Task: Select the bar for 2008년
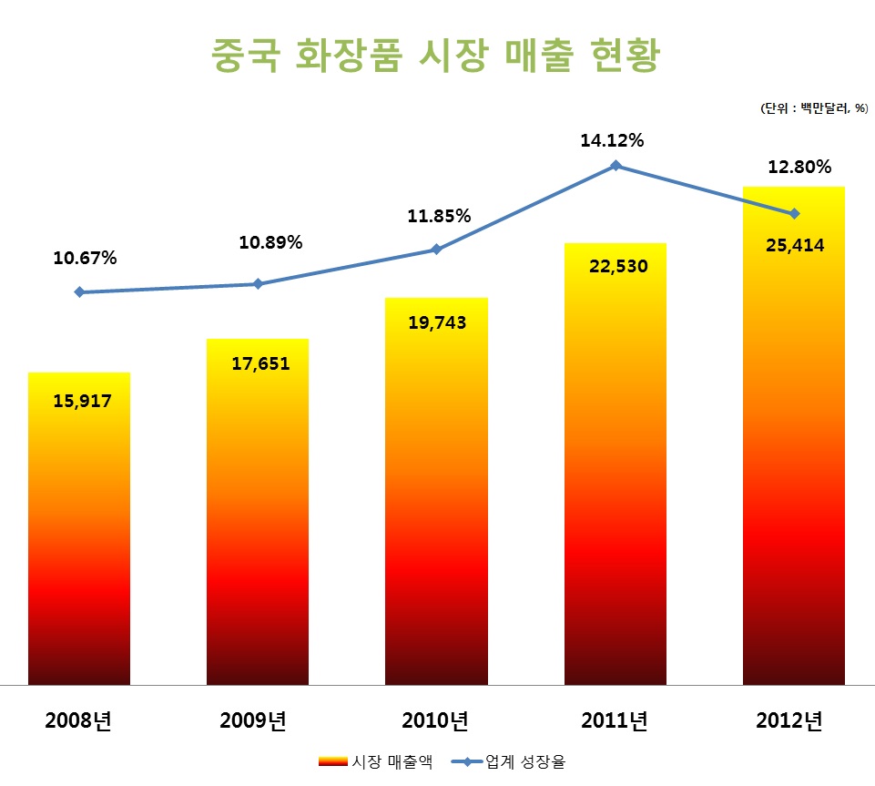pyautogui.click(x=79, y=528)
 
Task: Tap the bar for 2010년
pyautogui.click(x=436, y=492)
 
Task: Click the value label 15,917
pyautogui.click(x=82, y=400)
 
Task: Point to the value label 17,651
pyautogui.click(x=260, y=364)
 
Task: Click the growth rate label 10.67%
pyautogui.click(x=85, y=258)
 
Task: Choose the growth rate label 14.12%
pyautogui.click(x=612, y=140)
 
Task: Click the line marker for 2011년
pyautogui.click(x=616, y=166)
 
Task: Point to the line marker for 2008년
pyautogui.click(x=79, y=292)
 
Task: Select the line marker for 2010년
pyautogui.click(x=436, y=250)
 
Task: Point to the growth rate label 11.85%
pyautogui.click(x=439, y=216)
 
